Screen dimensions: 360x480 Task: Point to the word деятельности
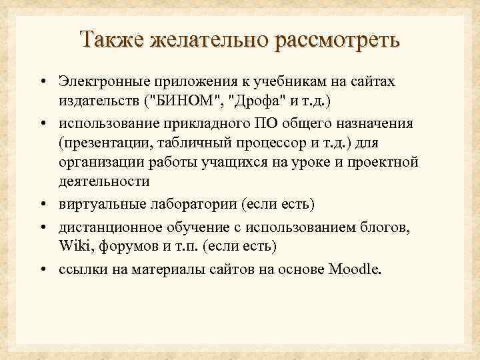(x=103, y=181)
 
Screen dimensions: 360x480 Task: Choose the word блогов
(x=389, y=227)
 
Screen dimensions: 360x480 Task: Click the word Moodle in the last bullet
(x=353, y=269)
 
